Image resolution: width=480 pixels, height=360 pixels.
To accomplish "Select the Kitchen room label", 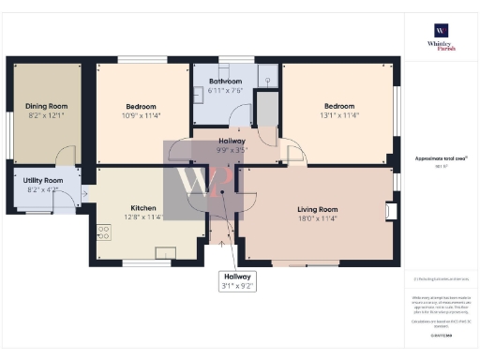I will pyautogui.click(x=143, y=208).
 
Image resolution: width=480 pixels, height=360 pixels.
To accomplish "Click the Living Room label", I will pyautogui.click(x=317, y=209).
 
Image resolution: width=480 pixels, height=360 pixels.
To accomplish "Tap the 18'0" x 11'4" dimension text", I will pyautogui.click(x=317, y=218).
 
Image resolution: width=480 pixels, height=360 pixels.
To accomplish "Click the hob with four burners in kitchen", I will pyautogui.click(x=102, y=233).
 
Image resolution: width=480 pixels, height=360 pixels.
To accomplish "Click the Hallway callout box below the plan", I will pyautogui.click(x=237, y=279).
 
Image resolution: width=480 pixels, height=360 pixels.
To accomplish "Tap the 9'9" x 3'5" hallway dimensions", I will pyautogui.click(x=232, y=148).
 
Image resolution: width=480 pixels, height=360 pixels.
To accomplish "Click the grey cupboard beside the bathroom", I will pyautogui.click(x=267, y=111).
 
